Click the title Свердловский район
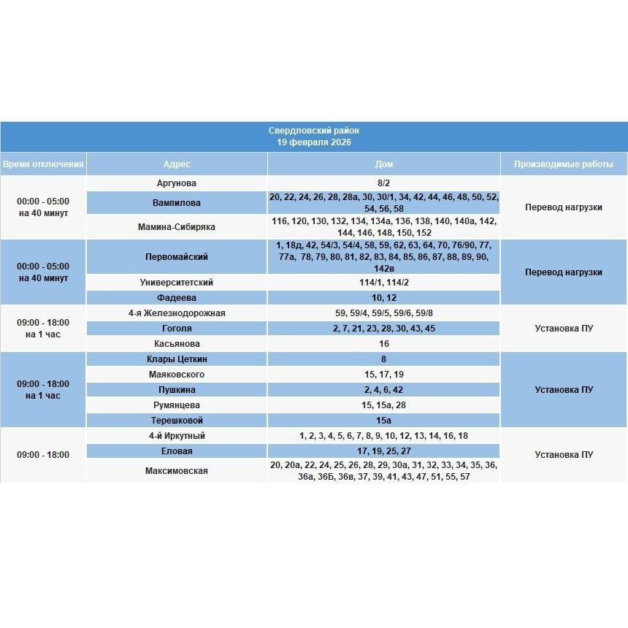(313, 131)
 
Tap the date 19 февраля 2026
(313, 142)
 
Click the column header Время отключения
(43, 164)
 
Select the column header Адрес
(177, 164)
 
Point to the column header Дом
(383, 164)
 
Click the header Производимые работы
(563, 164)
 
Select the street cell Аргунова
(177, 183)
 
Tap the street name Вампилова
(177, 203)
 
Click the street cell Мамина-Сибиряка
(177, 227)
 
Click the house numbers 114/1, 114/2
(383, 283)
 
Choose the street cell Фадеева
(177, 298)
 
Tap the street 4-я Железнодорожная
(177, 313)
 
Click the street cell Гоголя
(177, 329)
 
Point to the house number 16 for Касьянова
(383, 344)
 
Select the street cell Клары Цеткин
(177, 359)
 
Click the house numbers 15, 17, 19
(383, 375)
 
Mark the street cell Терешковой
(177, 421)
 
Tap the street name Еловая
(177, 451)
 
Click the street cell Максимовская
(177, 471)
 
